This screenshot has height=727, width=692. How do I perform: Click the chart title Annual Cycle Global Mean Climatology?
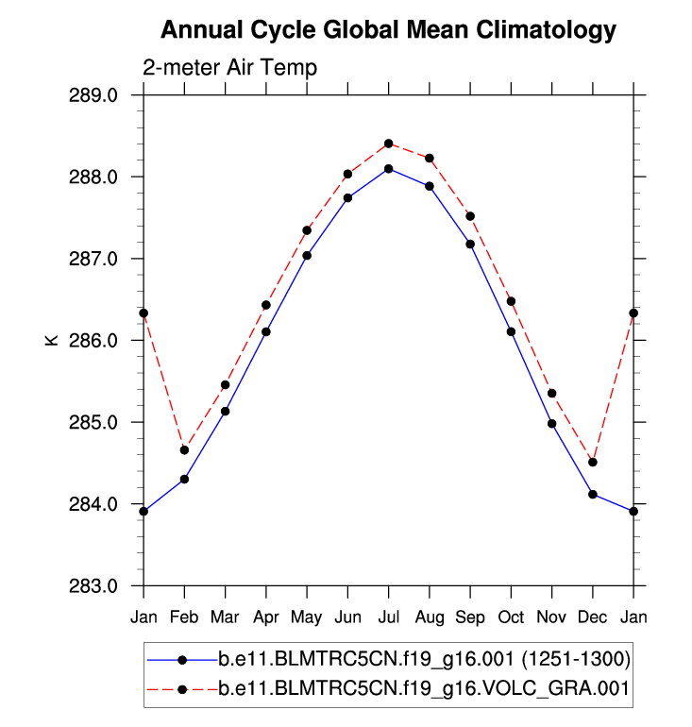(388, 30)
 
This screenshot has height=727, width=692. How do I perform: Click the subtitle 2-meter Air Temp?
(229, 68)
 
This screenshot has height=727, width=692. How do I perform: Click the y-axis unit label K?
(52, 340)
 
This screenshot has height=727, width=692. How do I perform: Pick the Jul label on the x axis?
(388, 617)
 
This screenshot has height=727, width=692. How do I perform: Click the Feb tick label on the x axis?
(184, 617)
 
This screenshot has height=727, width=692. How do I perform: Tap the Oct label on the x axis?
(511, 617)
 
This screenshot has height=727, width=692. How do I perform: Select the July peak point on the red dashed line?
(388, 144)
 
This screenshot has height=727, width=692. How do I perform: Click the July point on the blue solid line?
(388, 169)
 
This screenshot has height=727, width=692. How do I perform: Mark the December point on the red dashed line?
(593, 462)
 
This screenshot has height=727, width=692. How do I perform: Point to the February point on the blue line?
(184, 479)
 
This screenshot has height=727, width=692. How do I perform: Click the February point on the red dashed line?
(184, 449)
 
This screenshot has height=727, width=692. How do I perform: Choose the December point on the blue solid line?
(593, 494)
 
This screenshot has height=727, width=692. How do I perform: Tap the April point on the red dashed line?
(266, 305)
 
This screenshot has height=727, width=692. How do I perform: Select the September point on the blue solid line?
(470, 244)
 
